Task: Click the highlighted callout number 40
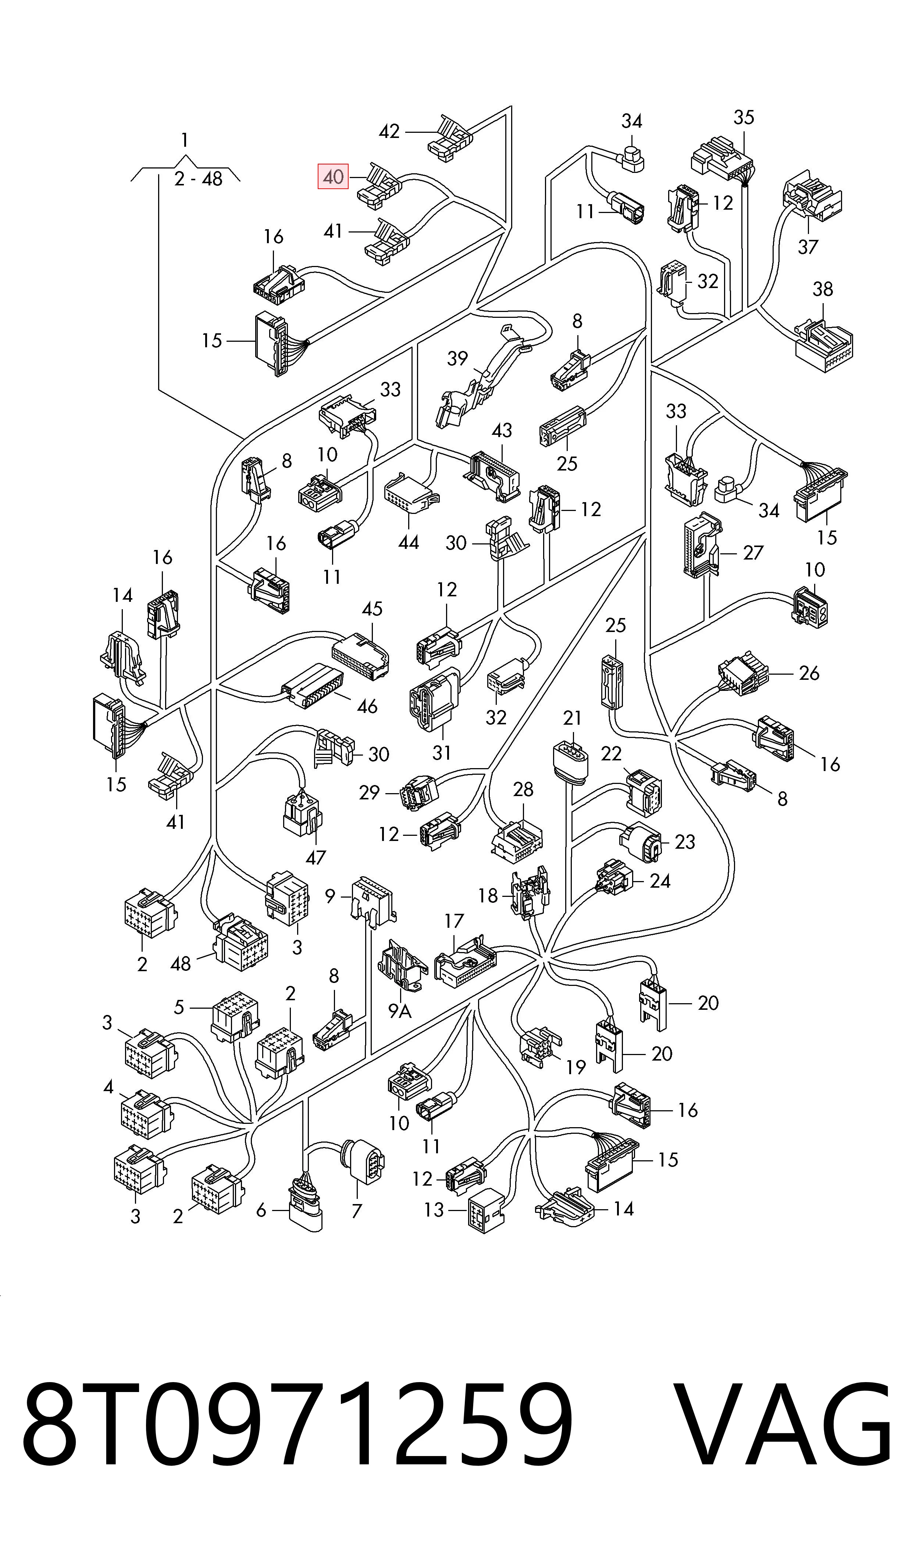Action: (x=333, y=177)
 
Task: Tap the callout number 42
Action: (x=389, y=131)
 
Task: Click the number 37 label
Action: (x=808, y=247)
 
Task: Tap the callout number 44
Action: (x=409, y=543)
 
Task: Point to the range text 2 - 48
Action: (x=198, y=179)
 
